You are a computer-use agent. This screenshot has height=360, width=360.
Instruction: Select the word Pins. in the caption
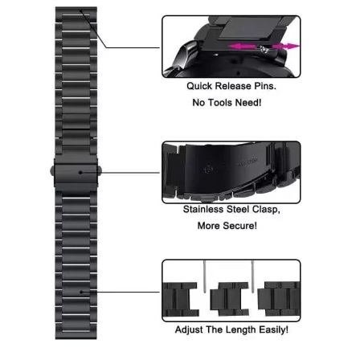265,86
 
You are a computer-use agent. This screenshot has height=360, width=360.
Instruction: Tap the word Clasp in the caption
265,210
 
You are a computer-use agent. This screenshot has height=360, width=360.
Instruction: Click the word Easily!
273,329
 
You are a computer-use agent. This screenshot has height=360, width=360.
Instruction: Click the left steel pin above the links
205,276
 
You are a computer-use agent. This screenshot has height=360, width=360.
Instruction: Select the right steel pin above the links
252,276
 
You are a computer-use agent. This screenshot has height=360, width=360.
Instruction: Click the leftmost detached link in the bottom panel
180,299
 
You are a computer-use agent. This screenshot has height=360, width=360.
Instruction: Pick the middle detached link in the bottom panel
229,299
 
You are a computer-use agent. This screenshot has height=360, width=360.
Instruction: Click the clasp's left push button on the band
52,171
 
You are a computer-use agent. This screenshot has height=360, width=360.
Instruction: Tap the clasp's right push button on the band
100,171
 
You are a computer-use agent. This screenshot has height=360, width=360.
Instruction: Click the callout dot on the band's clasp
80,173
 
